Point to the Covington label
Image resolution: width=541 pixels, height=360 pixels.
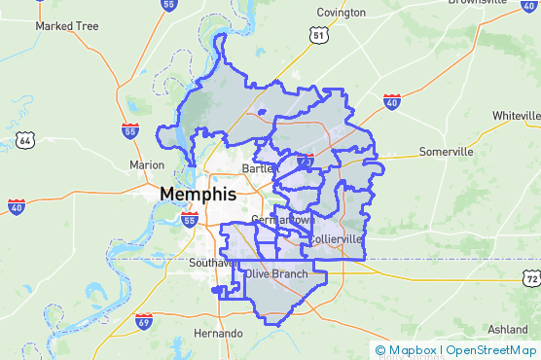341,13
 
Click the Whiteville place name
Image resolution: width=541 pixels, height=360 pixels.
516,115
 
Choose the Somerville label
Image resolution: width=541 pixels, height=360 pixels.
446,152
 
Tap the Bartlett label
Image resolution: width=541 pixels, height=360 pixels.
259,168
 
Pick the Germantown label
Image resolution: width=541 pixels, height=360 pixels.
281,220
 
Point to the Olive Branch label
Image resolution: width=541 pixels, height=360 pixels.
277,274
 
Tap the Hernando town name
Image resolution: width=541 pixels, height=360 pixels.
218,333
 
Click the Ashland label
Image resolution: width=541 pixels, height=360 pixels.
508,329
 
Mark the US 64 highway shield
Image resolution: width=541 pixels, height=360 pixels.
25,141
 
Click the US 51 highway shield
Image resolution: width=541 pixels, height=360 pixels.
319,35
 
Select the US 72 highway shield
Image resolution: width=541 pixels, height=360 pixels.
530,279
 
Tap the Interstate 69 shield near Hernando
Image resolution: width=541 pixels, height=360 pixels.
144,322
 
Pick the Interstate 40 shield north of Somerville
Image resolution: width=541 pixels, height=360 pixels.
391,101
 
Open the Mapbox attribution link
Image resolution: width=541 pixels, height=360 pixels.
406,350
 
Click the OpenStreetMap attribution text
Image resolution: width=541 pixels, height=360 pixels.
490,350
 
